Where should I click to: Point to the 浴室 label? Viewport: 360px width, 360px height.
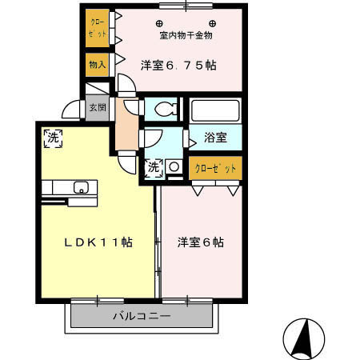[x=215, y=138]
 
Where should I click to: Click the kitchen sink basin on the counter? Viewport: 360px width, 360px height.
[x=81, y=188]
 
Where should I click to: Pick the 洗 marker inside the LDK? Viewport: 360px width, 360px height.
[x=53, y=138]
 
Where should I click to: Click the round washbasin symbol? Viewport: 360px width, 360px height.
[x=174, y=168]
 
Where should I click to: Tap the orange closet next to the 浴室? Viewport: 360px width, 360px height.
[x=215, y=169]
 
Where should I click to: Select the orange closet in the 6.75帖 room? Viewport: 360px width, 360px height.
[x=97, y=28]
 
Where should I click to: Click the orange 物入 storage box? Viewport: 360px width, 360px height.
[x=97, y=64]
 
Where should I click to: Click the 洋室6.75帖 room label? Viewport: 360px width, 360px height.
[x=178, y=65]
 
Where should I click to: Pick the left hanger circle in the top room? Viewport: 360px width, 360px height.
[x=159, y=22]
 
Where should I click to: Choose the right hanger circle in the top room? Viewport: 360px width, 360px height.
[x=213, y=22]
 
